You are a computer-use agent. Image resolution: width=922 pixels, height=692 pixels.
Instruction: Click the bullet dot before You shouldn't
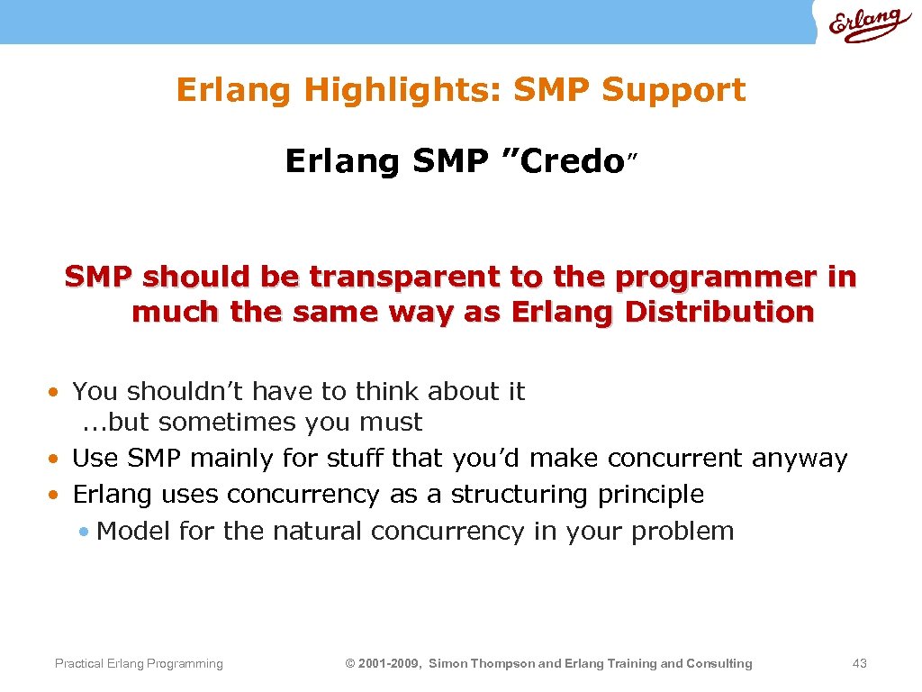(55, 392)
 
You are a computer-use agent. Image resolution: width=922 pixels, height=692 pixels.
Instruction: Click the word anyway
(800, 459)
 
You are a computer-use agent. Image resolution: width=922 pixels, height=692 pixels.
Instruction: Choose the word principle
(650, 495)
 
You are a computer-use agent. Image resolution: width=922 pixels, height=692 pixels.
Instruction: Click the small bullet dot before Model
(84, 532)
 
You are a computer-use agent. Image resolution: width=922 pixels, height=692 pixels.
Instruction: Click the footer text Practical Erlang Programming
(139, 664)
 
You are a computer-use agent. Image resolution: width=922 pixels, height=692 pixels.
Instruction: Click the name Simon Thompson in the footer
(481, 664)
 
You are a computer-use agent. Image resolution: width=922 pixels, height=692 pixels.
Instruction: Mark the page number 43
(859, 664)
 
